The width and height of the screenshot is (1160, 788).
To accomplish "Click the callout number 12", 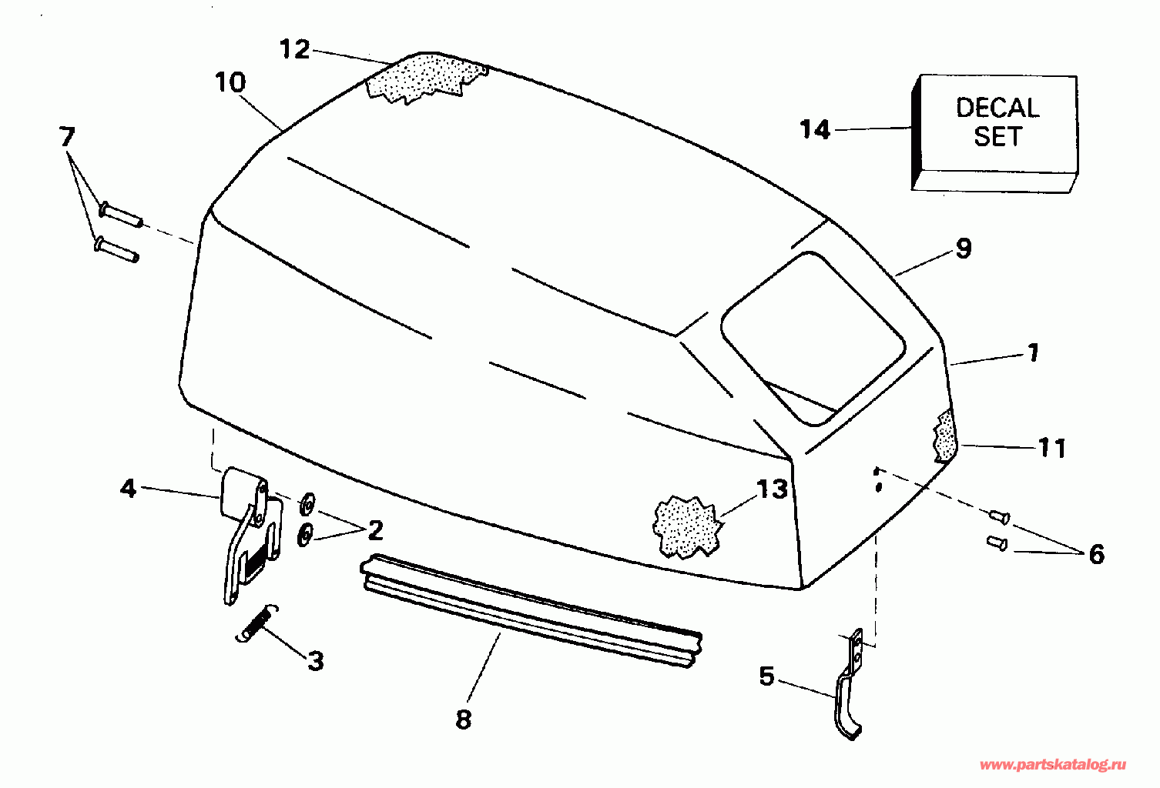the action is (293, 49).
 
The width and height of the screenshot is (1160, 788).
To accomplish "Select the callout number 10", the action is (230, 82).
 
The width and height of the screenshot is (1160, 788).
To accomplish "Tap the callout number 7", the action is (67, 137).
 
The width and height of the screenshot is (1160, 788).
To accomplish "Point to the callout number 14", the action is (815, 129).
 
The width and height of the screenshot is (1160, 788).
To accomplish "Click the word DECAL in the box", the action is (997, 107).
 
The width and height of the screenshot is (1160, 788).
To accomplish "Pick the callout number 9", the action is (963, 249).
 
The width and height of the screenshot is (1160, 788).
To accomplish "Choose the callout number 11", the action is (1052, 447).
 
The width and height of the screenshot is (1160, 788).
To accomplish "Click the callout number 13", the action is (772, 489).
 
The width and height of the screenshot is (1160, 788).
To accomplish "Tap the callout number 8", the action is (463, 720).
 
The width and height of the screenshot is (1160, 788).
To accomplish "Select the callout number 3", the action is (315, 661).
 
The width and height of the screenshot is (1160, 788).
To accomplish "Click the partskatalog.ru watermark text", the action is (1053, 764).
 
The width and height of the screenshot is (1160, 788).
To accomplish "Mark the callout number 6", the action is (1096, 554).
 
